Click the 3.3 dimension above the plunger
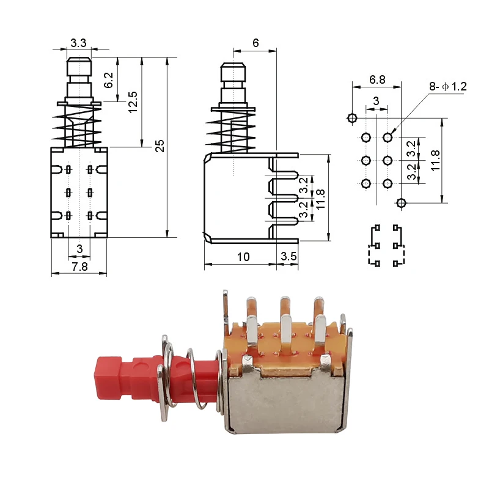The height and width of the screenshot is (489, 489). (x=78, y=43)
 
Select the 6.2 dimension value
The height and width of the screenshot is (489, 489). (x=109, y=80)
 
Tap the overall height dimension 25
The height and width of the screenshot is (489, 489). (x=160, y=145)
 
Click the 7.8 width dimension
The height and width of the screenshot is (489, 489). (x=79, y=267)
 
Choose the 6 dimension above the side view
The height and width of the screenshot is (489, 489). (x=256, y=43)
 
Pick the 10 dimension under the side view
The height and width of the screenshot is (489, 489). (x=243, y=257)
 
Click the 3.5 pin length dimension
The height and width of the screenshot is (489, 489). (x=288, y=257)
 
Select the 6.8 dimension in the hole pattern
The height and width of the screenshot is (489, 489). (x=377, y=80)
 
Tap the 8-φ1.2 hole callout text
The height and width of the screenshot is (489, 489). (x=447, y=87)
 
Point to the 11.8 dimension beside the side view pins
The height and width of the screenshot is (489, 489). (x=320, y=197)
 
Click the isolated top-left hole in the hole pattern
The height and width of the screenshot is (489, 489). (x=352, y=117)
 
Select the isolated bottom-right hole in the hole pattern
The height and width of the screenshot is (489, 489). (x=402, y=203)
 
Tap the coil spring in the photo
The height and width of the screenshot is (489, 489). (x=191, y=379)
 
